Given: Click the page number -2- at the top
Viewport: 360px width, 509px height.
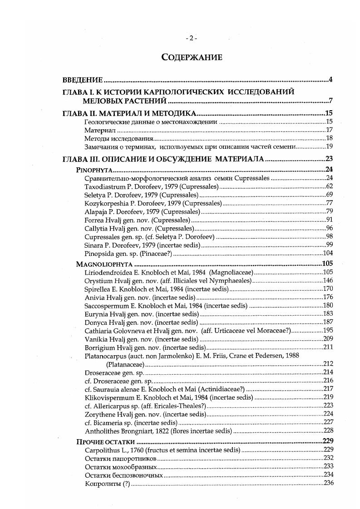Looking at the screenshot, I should coord(191,38).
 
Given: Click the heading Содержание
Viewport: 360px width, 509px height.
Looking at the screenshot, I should coord(192,57).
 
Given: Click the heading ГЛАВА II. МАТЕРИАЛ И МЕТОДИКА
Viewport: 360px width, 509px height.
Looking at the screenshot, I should coord(129,113).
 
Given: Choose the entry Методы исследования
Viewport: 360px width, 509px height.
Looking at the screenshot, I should coord(119,138).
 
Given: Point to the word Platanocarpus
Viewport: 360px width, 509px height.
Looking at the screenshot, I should coord(105,356).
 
